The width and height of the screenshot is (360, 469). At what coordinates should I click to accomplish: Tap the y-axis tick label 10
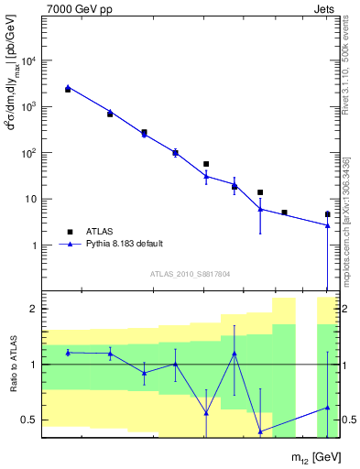point(31,199)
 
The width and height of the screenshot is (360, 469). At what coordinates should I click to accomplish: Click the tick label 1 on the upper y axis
point(34,245)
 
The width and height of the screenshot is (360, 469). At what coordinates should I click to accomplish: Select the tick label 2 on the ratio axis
point(34,310)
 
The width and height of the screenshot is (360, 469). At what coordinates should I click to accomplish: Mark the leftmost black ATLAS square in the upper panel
point(68,90)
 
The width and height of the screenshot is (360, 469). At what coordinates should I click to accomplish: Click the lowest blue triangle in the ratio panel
point(260,431)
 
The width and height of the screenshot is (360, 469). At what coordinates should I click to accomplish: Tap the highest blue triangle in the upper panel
point(68,87)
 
